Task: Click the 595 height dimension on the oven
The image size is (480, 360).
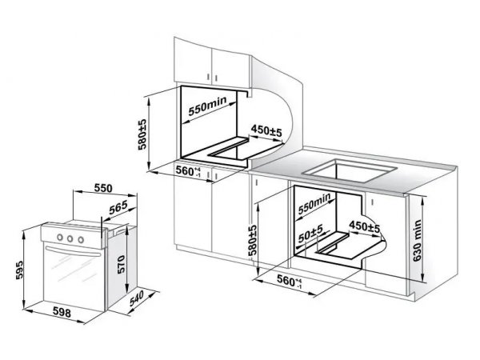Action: point(19,270)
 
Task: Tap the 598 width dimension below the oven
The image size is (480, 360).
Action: point(62,312)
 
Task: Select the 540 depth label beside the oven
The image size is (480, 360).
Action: point(137,298)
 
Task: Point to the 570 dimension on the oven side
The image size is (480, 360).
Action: point(122,264)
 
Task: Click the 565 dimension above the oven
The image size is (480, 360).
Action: point(118,207)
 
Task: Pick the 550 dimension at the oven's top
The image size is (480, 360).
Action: point(103,188)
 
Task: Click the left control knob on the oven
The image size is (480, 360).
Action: point(60,237)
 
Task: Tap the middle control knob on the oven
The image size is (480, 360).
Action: point(70,238)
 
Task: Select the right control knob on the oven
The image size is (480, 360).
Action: point(81,240)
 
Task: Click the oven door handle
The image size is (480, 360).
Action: point(73,251)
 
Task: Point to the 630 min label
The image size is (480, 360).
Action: point(417,240)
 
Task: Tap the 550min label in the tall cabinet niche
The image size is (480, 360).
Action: point(207,106)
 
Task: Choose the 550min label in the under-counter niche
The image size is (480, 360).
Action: point(314,203)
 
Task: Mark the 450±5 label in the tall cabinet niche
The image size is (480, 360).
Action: point(266,131)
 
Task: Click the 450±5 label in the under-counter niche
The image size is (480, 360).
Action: point(364,226)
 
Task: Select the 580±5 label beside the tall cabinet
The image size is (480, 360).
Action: point(142,134)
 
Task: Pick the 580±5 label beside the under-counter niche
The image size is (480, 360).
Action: point(253,240)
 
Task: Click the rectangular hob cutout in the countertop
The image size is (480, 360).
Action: point(349,170)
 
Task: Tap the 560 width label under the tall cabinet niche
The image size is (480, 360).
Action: point(187,171)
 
